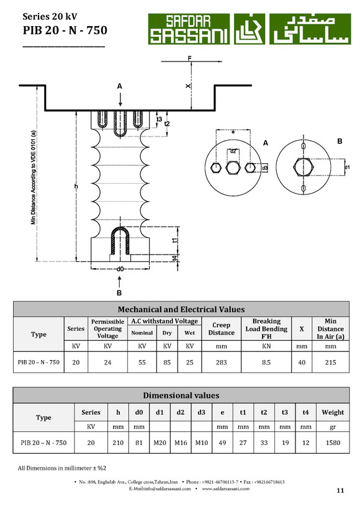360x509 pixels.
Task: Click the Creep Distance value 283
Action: coord(222,363)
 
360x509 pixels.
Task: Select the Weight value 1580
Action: coord(333,443)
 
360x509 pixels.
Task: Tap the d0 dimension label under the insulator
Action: coord(120,269)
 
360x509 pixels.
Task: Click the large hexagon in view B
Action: coord(304,167)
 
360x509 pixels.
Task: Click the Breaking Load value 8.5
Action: coord(266,363)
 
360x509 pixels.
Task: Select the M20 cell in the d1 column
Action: coord(160,443)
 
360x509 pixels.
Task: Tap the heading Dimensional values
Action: coord(181,395)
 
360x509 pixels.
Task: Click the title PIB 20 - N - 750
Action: coord(65,30)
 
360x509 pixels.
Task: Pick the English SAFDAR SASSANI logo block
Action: coord(189,29)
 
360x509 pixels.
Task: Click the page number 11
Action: coord(340,490)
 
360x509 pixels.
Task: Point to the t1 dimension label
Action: coord(175,241)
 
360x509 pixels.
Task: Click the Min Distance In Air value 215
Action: coord(330,363)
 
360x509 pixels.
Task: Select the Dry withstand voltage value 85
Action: coord(167,363)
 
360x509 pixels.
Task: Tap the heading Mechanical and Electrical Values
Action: coord(181,309)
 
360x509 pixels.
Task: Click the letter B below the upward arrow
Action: coord(119,293)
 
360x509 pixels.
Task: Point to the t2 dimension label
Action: coord(167,124)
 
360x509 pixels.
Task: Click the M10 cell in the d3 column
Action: coord(201,443)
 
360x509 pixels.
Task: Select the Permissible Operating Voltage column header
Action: coord(107,328)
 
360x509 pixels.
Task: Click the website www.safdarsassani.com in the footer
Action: coord(225,489)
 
